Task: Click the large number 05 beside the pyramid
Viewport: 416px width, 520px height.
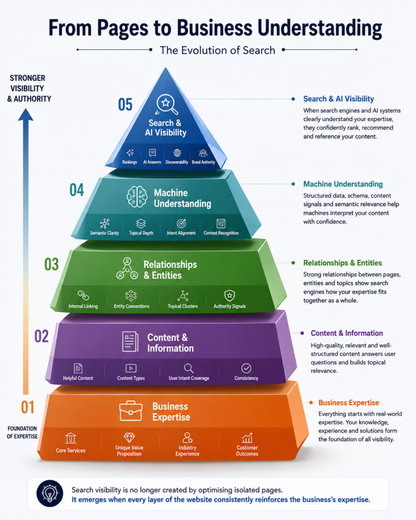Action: coord(125,105)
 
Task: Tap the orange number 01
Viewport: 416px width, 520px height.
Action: coord(27,407)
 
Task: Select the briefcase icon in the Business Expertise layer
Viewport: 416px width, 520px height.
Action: coord(131,411)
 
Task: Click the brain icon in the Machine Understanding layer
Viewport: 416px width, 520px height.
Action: coord(137,197)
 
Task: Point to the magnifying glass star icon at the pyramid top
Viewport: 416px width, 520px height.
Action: coord(167,104)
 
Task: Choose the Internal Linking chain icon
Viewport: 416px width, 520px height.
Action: coord(83,295)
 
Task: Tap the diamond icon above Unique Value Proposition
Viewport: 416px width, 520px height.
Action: coord(129,437)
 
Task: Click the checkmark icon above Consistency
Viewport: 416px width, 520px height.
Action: coord(246,368)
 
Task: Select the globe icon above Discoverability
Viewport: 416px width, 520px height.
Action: coord(177,153)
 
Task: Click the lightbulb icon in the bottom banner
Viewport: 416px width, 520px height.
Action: coord(50,493)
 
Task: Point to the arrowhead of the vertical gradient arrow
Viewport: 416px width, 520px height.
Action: coord(25,115)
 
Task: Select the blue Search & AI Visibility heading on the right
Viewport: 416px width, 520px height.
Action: coord(338,99)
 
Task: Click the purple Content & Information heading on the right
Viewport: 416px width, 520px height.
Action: coord(346,333)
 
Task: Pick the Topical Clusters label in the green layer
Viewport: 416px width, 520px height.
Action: coord(183,306)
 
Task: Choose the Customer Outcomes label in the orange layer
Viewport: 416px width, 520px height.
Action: coord(247,451)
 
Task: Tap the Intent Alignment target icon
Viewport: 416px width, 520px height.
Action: coord(181,223)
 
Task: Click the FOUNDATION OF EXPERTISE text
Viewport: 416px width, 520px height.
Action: coord(22,433)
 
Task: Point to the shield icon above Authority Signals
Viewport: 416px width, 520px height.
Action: coord(230,295)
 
